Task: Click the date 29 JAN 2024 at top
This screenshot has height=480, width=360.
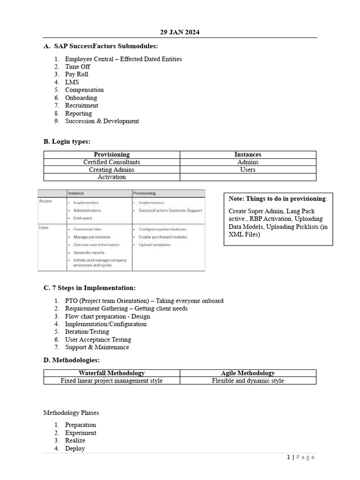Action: click(180, 32)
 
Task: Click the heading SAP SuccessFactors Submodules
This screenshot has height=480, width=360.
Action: click(106, 46)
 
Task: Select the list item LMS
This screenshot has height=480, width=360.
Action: click(72, 82)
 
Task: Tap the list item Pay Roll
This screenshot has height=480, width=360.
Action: click(76, 74)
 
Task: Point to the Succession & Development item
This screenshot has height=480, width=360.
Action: click(102, 121)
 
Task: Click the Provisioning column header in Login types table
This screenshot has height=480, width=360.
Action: click(112, 154)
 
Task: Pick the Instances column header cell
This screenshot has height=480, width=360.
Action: click(247, 154)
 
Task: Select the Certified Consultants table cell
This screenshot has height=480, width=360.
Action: click(112, 162)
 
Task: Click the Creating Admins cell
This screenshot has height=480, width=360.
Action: click(112, 170)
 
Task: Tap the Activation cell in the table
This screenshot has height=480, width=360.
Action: click(112, 177)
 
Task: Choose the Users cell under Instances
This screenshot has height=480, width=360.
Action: click(247, 170)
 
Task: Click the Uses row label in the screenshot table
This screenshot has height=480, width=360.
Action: click(44, 228)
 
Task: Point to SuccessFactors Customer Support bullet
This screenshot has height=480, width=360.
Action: click(170, 210)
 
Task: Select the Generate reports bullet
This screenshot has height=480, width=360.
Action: click(89, 252)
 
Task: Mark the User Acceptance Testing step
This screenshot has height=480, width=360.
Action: click(98, 339)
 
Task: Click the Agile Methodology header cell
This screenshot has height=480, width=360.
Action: click(247, 373)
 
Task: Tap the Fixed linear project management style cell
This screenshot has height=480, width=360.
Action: click(112, 381)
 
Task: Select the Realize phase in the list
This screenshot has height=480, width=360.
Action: click(75, 441)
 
